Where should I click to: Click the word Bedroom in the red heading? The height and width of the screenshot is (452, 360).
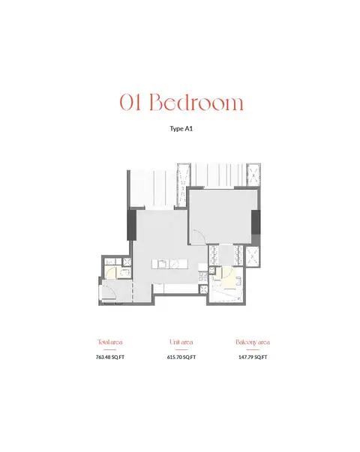196,102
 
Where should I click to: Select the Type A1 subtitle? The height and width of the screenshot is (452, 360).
181,129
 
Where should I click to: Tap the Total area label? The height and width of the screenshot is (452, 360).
110,342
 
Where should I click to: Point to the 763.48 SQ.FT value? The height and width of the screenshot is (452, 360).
110,357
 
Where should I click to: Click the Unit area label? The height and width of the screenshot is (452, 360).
181,342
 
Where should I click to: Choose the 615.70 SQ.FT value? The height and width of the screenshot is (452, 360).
181,357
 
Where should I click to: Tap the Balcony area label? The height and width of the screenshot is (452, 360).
253,342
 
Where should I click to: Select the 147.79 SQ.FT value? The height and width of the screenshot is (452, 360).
253,357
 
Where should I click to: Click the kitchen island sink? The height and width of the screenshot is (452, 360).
162,264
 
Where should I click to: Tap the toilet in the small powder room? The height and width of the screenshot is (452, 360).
124,274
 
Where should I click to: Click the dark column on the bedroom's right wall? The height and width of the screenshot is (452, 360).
256,223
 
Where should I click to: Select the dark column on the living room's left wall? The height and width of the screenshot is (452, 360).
132,225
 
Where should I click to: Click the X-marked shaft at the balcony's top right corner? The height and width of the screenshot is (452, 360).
253,175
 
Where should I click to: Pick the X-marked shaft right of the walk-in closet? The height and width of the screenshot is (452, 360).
253,256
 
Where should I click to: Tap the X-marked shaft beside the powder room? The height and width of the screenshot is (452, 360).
127,262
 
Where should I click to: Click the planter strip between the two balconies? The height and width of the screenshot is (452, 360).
183,185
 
